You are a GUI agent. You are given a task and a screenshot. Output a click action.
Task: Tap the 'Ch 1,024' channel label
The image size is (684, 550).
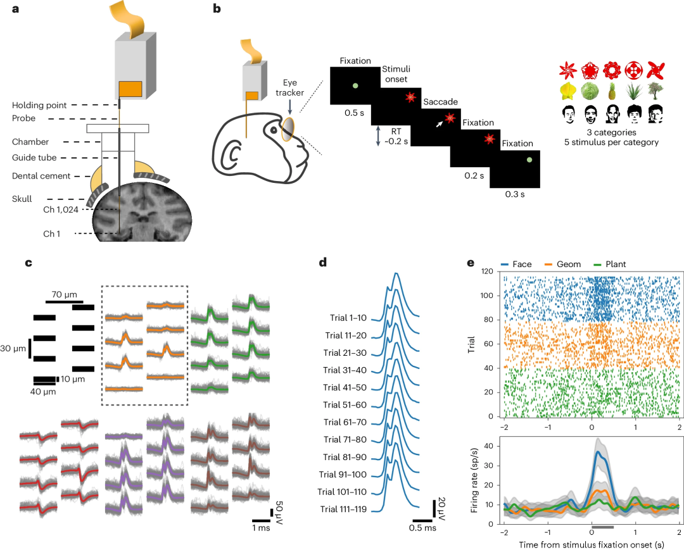pyautogui.click(x=60, y=209)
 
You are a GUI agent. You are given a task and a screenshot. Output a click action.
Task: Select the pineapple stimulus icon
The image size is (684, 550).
pyautogui.click(x=612, y=92)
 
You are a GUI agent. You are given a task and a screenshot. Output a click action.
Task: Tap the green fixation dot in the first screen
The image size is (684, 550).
pyautogui.click(x=355, y=85)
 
